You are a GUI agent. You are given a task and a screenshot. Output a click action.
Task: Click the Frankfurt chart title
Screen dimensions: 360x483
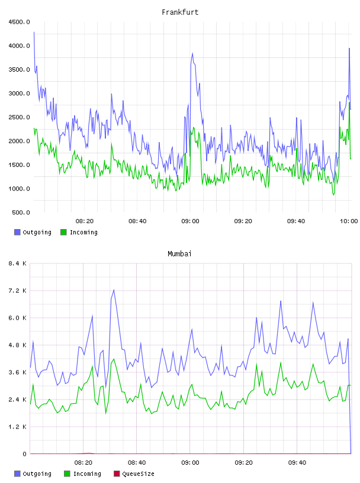180,12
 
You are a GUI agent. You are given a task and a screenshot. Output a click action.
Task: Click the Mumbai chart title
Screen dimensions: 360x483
179,254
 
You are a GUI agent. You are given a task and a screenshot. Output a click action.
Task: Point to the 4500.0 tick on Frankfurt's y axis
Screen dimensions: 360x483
19,22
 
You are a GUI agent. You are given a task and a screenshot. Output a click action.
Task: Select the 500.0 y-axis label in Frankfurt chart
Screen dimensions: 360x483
21,212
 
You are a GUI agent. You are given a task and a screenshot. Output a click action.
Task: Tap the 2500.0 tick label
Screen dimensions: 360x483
19,117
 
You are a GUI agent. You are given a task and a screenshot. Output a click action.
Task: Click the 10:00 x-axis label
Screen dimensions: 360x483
349,221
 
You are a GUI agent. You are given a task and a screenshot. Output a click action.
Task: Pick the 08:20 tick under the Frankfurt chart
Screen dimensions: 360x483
85,221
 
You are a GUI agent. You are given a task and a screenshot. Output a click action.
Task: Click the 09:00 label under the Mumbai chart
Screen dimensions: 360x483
190,463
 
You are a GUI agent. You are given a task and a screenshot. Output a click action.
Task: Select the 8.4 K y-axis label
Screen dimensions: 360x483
17,263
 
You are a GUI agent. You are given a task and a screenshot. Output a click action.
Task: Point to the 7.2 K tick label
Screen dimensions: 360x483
17,291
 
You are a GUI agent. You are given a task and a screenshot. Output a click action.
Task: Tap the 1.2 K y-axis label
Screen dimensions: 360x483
17,427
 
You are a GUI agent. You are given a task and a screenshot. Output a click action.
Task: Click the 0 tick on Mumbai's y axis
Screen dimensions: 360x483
25,454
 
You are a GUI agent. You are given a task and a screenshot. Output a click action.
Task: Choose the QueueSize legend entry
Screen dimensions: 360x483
134,474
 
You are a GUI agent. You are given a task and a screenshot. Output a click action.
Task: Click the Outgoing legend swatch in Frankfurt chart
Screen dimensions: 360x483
17,232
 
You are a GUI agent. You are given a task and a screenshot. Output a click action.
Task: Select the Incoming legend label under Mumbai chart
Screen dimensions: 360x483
87,474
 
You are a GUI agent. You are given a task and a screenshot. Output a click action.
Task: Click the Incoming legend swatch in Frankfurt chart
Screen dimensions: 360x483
63,232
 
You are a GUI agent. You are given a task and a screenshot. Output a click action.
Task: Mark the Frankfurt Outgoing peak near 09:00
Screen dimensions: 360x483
192,53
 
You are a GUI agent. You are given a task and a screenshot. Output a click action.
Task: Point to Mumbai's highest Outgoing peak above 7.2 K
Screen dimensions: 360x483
114,290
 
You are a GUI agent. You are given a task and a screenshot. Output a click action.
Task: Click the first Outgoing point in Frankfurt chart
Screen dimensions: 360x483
34,32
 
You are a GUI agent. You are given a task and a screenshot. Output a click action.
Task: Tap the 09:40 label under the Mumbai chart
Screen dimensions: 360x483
297,463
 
